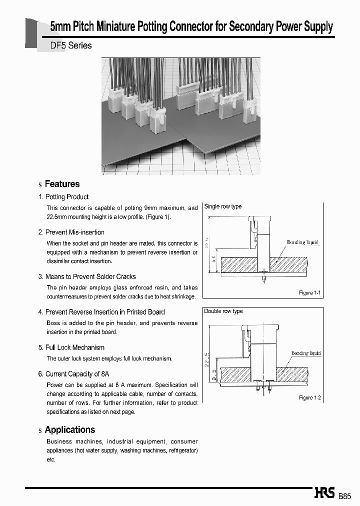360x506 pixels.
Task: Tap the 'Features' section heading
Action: (62, 184)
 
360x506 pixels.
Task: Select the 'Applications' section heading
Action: (69, 429)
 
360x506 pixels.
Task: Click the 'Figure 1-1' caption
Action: (309, 292)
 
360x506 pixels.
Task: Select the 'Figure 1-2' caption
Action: (309, 397)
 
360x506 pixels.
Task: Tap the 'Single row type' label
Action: (223, 206)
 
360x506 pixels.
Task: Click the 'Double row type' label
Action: (223, 311)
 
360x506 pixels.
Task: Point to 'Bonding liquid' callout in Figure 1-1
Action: (302, 242)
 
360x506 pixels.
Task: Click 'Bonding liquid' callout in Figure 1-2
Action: (306, 353)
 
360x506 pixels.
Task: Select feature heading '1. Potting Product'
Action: (63, 197)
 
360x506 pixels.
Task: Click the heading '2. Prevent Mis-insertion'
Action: (71, 232)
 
